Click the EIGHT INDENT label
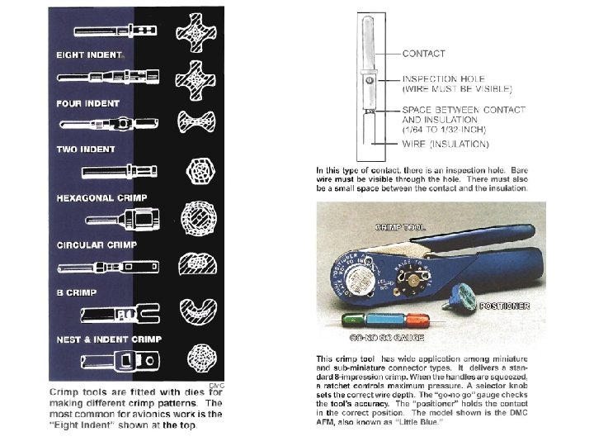click(89, 55)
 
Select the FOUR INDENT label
click(87, 103)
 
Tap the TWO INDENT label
click(86, 149)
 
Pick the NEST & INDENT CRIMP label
click(109, 339)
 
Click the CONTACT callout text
click(423, 54)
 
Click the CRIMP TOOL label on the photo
click(401, 225)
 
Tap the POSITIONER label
click(503, 306)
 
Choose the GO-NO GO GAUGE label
click(387, 338)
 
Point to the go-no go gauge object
click(383, 320)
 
